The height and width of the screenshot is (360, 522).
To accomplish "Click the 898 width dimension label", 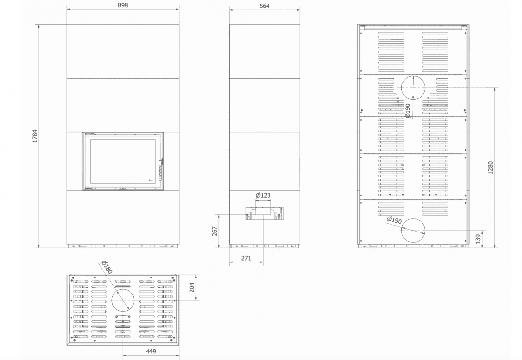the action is [x=123, y=5].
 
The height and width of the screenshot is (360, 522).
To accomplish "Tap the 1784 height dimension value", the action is [x=35, y=136].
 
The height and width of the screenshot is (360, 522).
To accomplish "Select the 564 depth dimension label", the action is [x=265, y=6].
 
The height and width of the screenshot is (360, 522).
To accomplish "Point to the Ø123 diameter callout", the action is [x=263, y=195].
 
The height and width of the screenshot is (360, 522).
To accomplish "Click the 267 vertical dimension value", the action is [x=215, y=231].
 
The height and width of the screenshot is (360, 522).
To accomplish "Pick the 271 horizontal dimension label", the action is [x=246, y=258].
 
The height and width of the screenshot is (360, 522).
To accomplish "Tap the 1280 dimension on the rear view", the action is [x=491, y=167].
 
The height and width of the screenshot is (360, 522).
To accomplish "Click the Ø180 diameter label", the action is [x=107, y=267].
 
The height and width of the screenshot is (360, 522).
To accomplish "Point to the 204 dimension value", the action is [x=192, y=287].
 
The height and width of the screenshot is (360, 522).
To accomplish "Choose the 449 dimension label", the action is [x=151, y=351].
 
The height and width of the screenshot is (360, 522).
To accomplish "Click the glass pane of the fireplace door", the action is [x=123, y=161].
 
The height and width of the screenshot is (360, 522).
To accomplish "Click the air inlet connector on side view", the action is [x=265, y=214].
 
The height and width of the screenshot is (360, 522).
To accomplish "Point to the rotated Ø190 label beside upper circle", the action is [x=407, y=111].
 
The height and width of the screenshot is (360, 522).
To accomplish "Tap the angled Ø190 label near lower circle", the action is [x=394, y=220].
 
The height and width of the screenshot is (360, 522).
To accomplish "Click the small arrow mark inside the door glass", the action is [x=150, y=180].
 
